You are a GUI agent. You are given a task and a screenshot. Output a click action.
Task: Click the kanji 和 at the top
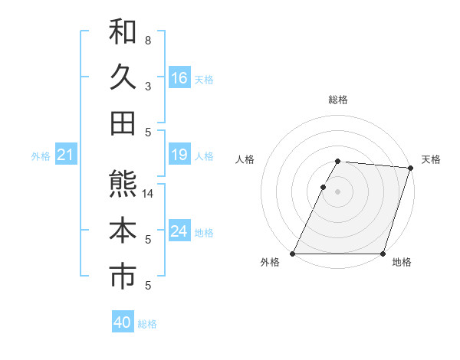[123, 31]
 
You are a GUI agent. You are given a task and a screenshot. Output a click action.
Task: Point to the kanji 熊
[123, 184]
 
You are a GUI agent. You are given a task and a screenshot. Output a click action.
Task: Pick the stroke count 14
[148, 194]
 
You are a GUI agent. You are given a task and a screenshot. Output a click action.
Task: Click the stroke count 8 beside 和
[147, 40]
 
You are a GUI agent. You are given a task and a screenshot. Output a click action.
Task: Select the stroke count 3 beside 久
[147, 86]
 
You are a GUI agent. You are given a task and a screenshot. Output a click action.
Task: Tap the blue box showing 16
[179, 77]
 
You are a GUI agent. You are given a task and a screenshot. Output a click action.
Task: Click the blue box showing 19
[179, 155]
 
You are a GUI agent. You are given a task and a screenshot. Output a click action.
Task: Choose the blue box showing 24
[179, 231]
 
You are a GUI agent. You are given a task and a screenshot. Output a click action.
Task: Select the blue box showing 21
[66, 155]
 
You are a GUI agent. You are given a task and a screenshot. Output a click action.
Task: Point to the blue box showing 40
[123, 322]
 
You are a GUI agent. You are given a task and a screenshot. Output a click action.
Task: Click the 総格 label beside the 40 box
[147, 324]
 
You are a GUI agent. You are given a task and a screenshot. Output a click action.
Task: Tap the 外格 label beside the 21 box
[41, 156]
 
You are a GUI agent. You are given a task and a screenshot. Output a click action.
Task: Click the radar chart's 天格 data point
[411, 168]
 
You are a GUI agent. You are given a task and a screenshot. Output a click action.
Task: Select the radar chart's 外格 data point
[293, 254]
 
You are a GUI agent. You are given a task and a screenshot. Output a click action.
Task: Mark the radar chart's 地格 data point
[383, 254]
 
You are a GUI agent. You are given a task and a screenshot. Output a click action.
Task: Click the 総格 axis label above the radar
[338, 100]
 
